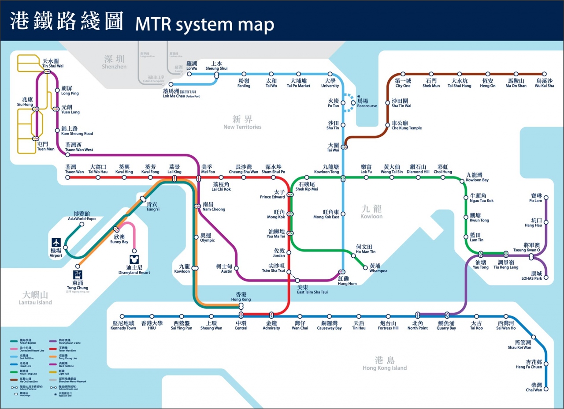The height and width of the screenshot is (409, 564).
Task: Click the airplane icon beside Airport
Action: pyautogui.click(x=56, y=243)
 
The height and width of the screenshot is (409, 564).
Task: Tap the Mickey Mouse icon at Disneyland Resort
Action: pyautogui.click(x=134, y=259)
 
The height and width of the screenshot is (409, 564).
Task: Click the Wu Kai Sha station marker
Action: pyautogui.click(x=544, y=74)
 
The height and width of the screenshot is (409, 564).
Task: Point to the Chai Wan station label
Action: pyautogui.click(x=534, y=387)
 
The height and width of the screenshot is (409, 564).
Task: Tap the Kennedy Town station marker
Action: pyautogui.click(x=123, y=316)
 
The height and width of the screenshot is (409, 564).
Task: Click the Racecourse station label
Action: pyautogui.click(x=367, y=103)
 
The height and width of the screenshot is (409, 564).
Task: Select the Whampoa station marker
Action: pyautogui.click(x=365, y=267)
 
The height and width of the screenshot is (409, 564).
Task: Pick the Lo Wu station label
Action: pyautogui.click(x=192, y=66)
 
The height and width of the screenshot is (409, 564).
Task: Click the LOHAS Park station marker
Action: pyautogui.click(x=546, y=278)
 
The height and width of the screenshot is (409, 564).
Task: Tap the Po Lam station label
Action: pyautogui.click(x=535, y=198)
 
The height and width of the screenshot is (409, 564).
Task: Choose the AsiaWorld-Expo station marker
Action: pyautogui.click(x=82, y=224)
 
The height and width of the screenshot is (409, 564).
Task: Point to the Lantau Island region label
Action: pyautogui.click(x=35, y=298)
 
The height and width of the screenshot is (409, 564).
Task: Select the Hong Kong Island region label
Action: pyautogui.click(x=385, y=364)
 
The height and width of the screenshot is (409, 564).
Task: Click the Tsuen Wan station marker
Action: pyautogui.click(x=68, y=177)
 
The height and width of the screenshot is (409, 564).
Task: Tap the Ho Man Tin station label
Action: pyautogui.click(x=366, y=249)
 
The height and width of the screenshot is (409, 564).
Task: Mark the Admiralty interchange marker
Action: pyautogui.click(x=271, y=315)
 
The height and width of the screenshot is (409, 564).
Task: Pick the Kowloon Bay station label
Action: pyautogui.click(x=477, y=177)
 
